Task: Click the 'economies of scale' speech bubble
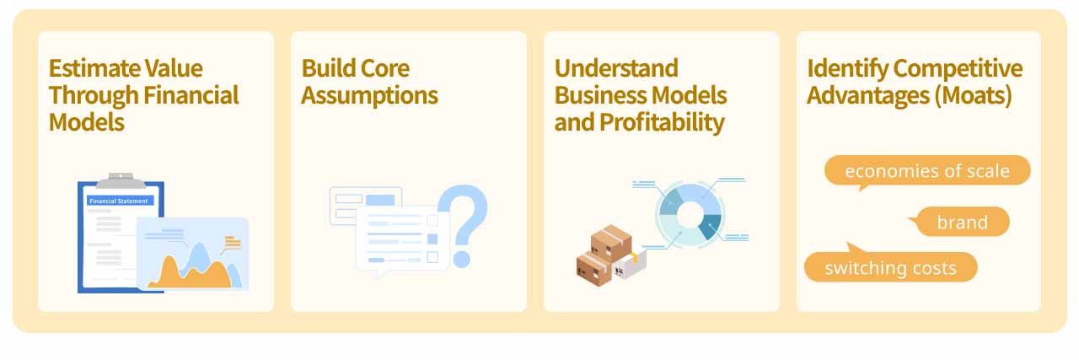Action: (927, 170)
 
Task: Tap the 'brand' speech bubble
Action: (962, 222)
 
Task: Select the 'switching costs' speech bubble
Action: (891, 266)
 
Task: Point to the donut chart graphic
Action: (690, 215)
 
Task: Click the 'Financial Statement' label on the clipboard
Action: (119, 201)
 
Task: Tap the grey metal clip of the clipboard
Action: (121, 180)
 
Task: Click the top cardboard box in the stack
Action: (611, 244)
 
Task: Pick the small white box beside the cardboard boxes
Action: (630, 267)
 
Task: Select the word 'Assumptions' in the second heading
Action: (370, 95)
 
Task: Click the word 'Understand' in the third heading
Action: (616, 68)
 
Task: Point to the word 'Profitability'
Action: (663, 122)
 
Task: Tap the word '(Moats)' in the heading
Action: (973, 95)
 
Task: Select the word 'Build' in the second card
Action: (328, 68)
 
